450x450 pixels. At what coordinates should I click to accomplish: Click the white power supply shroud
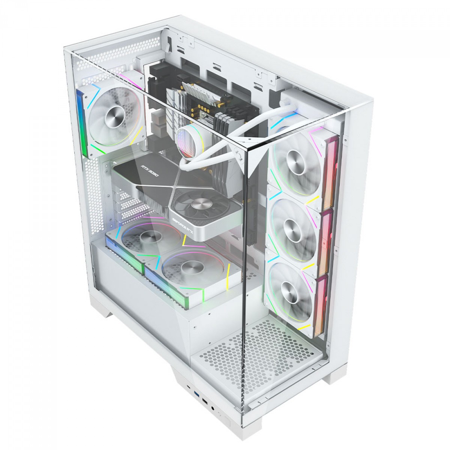150,300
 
